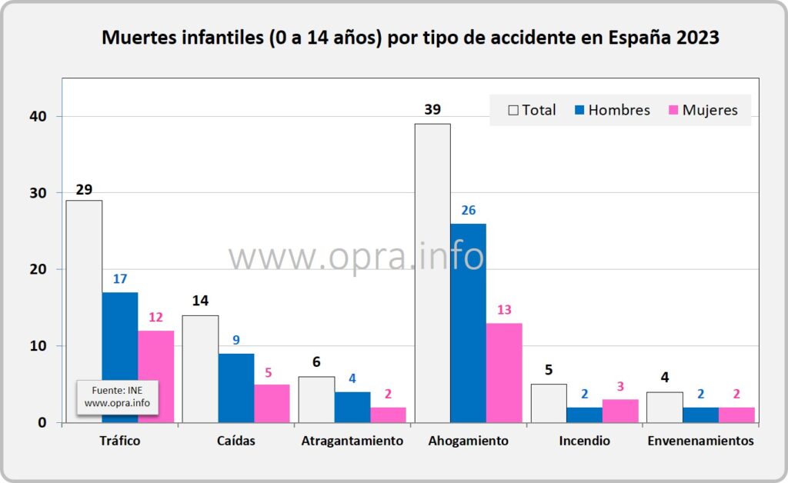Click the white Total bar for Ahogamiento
click(432, 273)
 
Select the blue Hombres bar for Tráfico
click(119, 358)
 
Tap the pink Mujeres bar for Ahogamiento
click(504, 372)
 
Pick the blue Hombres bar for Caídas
click(236, 388)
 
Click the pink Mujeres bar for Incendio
click(620, 411)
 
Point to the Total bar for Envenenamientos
click(664, 407)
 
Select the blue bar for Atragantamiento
click(352, 407)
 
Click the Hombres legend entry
click(612, 110)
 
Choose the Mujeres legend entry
click(703, 110)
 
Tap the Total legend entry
click(532, 110)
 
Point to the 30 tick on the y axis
click(38, 193)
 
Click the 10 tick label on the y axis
click(38, 346)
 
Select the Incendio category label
click(585, 441)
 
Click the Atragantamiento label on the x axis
click(352, 441)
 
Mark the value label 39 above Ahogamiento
click(432, 109)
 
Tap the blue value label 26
click(469, 211)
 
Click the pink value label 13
click(504, 310)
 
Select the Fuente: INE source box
click(117, 397)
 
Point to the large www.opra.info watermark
click(356, 256)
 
